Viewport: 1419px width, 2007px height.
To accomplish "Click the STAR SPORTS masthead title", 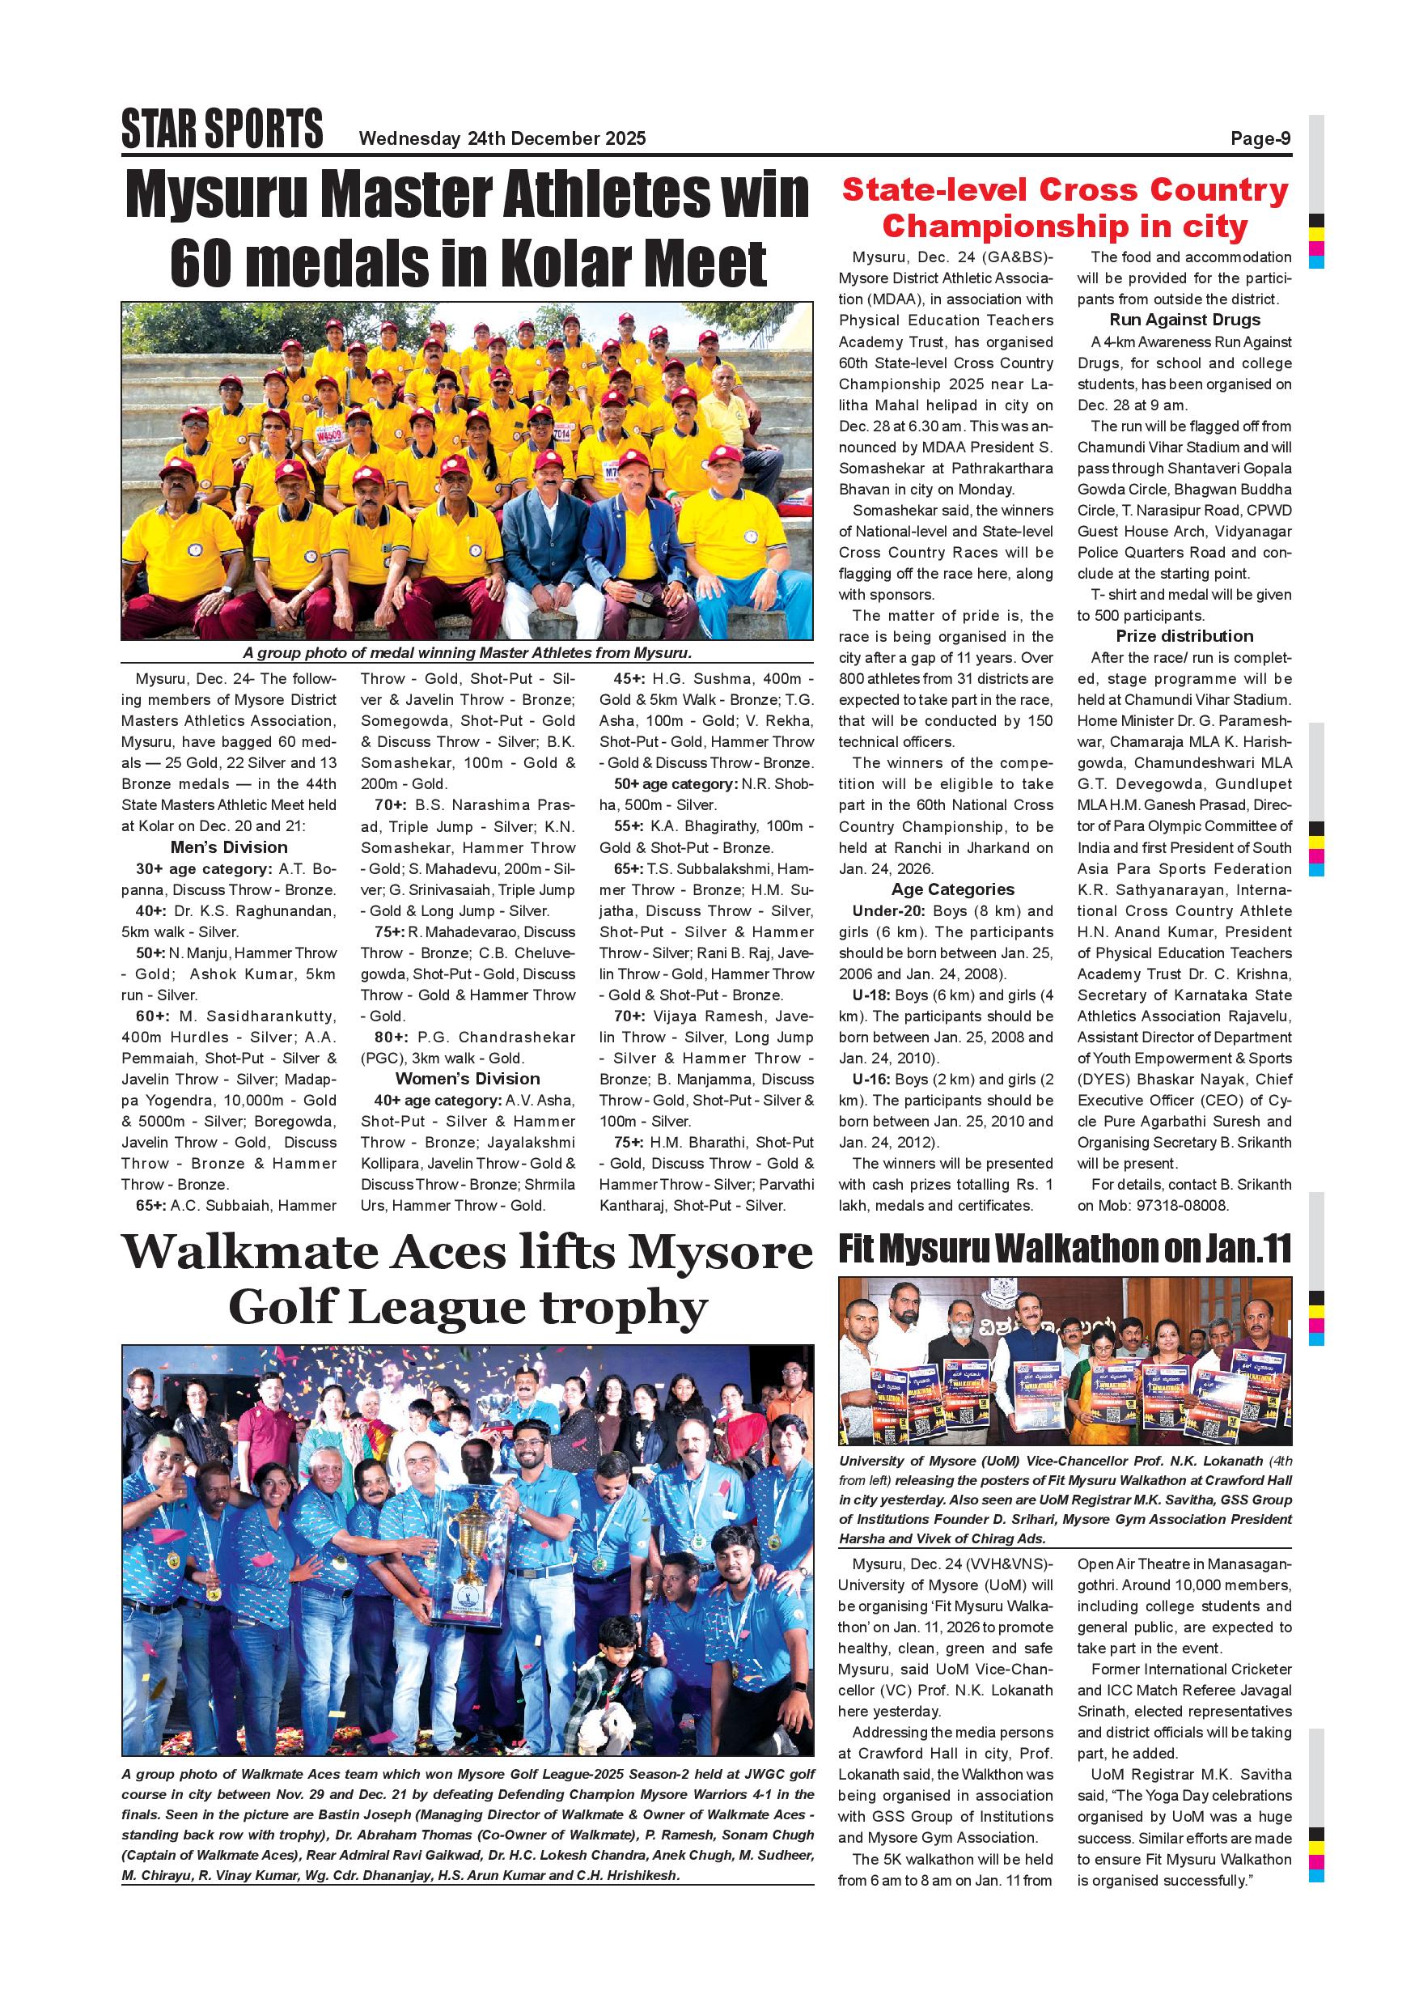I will (x=222, y=129).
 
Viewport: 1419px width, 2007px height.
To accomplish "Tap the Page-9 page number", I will (x=1260, y=138).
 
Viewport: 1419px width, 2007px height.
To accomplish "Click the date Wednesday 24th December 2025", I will (x=502, y=138).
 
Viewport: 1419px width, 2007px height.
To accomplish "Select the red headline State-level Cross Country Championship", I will (x=1065, y=208).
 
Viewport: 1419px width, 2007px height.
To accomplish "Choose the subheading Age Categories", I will (x=952, y=890).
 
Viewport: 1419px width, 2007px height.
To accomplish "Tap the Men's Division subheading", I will (x=229, y=848).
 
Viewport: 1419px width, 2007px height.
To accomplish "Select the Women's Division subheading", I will (x=468, y=1079).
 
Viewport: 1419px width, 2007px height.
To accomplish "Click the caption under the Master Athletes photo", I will (x=468, y=653).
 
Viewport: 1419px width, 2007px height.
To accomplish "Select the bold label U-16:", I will (x=872, y=1080).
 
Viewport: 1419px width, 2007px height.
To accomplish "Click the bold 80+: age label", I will (x=391, y=1037).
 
